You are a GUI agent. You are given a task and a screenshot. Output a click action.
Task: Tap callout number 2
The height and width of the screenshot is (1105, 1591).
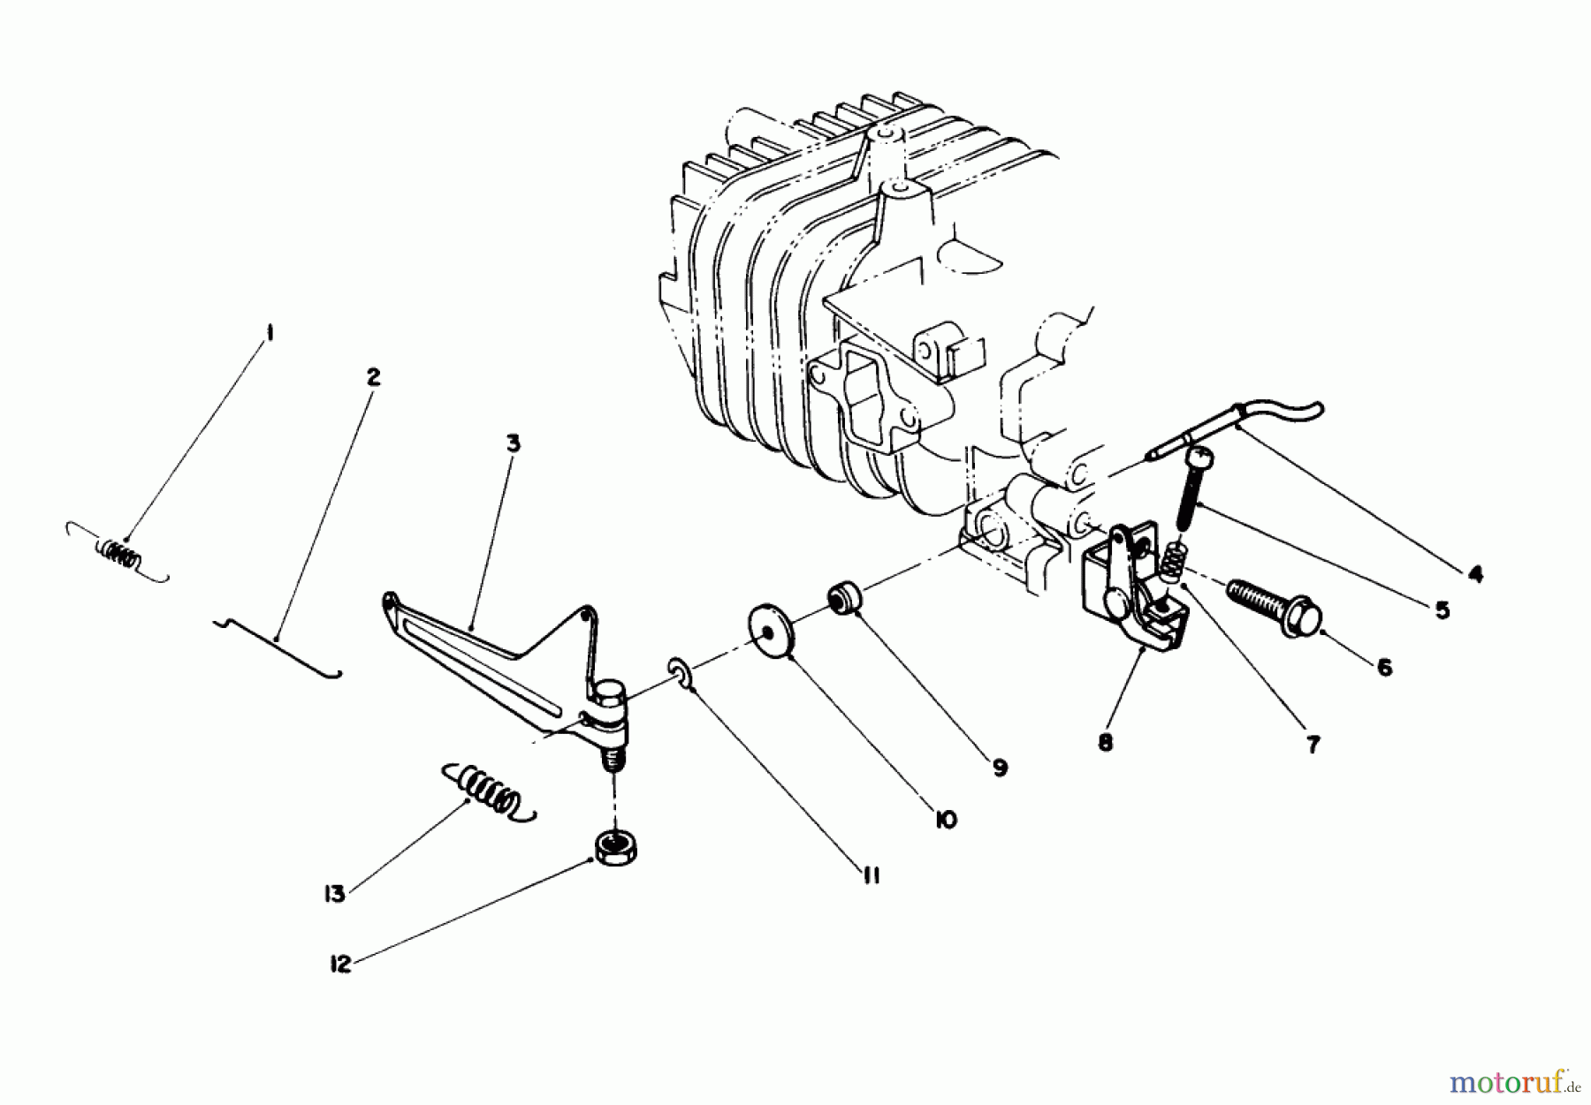pos(373,377)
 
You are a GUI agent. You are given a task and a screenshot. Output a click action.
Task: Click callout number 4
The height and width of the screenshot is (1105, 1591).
pos(1474,575)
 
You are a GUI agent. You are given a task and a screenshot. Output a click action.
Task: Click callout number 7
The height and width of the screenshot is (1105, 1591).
pos(1313,745)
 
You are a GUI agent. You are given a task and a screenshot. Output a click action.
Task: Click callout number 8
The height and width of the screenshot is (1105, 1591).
pos(1105,743)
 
